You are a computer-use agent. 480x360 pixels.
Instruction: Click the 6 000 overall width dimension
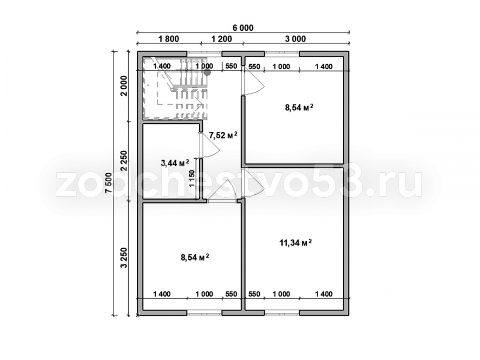pos(243,28)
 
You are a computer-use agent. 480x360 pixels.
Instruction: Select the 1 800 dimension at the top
pos(168,39)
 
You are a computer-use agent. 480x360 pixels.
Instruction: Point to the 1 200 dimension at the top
pos(222,39)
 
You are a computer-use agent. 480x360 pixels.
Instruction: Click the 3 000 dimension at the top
pos(295,39)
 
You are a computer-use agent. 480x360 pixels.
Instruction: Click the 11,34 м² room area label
pos(295,243)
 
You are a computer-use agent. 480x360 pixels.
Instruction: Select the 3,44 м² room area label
pos(175,163)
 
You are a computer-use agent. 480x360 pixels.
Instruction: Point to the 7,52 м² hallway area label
pos(223,135)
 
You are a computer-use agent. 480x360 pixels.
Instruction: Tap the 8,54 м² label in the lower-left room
pos(195,257)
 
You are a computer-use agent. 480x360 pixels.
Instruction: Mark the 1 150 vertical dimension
pos(192,179)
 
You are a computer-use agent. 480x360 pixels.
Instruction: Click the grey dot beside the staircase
pos(207,72)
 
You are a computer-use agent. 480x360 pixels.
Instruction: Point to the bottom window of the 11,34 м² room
pos(282,312)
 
